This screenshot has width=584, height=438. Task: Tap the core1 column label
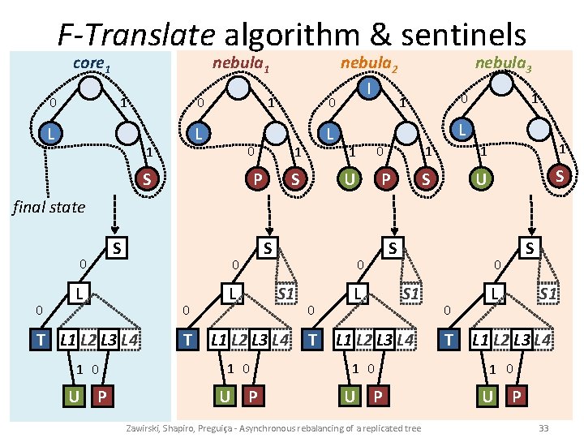tap(91, 62)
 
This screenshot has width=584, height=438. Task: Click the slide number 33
tap(543, 427)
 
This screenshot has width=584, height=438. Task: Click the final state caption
tap(49, 207)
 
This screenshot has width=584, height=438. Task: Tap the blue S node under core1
tap(146, 178)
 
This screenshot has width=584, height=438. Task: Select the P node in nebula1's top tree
tap(259, 178)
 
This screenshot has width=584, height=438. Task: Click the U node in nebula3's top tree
tap(480, 178)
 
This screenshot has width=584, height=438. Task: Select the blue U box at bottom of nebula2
tap(350, 397)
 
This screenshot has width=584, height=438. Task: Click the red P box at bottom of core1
tap(101, 397)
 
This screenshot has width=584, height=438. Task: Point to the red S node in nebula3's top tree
tap(557, 175)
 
